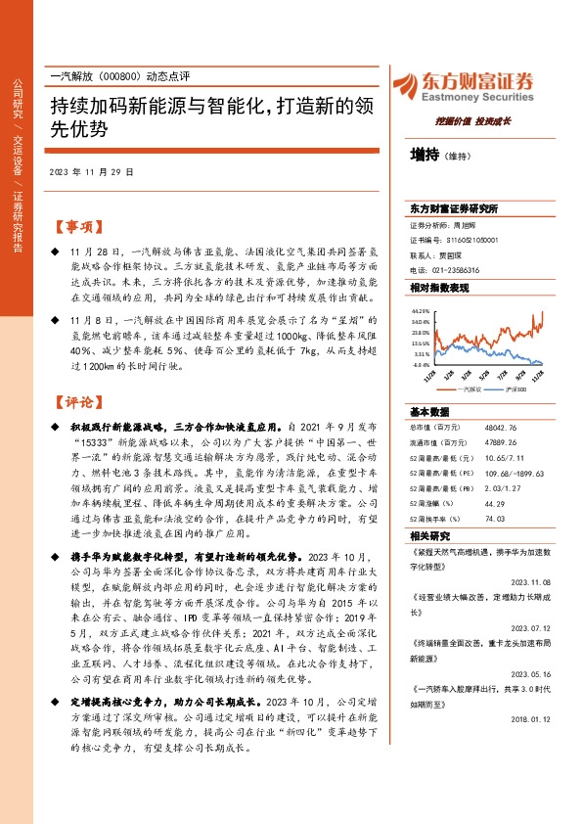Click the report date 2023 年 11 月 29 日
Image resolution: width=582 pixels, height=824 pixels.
(90, 171)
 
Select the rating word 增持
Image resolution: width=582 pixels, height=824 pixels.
(425, 154)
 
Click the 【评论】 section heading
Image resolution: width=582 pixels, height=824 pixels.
(76, 401)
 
